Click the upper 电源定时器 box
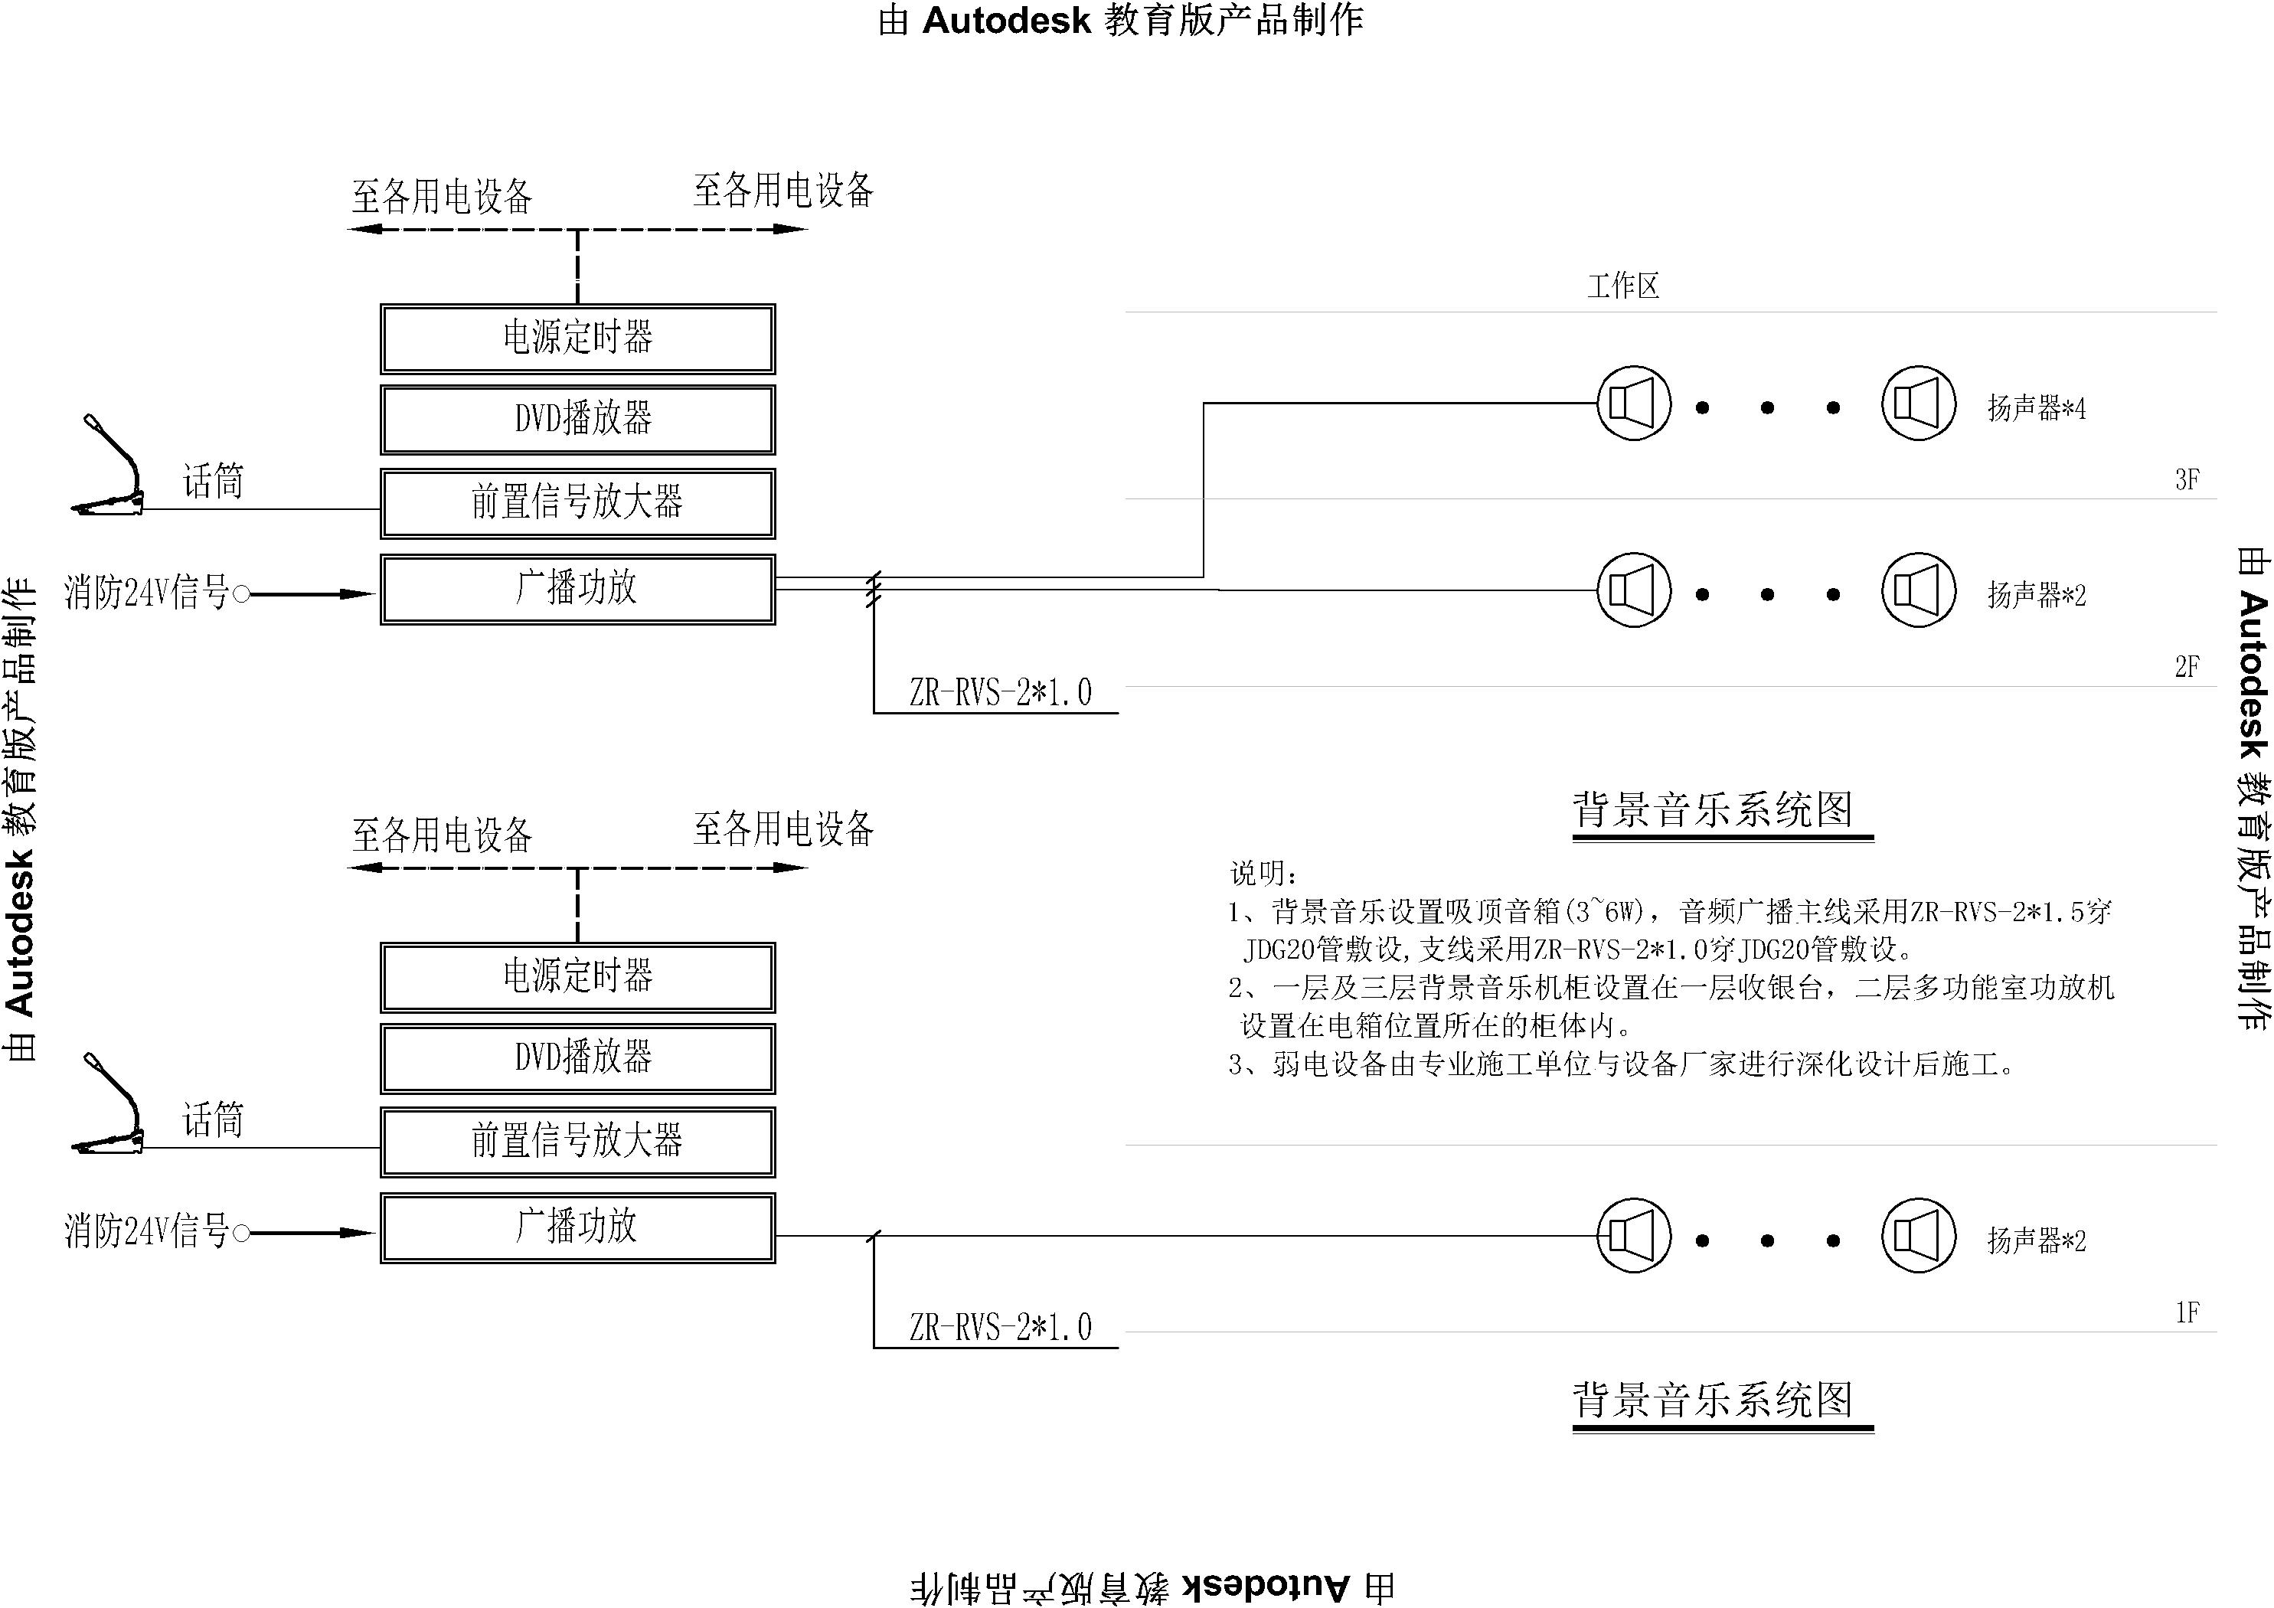coord(577,339)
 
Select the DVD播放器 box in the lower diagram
coord(577,1058)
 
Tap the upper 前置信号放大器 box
coord(577,503)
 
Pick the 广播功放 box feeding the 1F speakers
coord(577,1227)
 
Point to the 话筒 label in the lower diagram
coord(213,1120)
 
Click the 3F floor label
coord(2187,481)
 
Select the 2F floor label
coord(2187,667)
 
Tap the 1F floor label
coord(2187,1314)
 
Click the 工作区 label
coord(1623,287)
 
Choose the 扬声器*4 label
coord(2037,408)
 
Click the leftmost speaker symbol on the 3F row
coord(1634,404)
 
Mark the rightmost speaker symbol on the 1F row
coord(1919,1237)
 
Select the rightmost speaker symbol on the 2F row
coord(1919,590)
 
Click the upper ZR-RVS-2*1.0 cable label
coord(1000,692)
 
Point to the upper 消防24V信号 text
coord(146,593)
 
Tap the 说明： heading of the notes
coord(1262,874)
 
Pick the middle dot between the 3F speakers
coord(1768,408)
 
